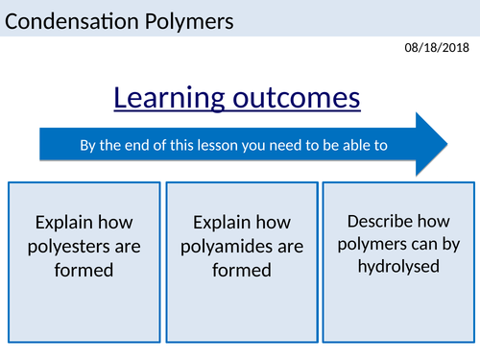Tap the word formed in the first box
[84, 270]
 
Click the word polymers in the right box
[368, 243]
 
